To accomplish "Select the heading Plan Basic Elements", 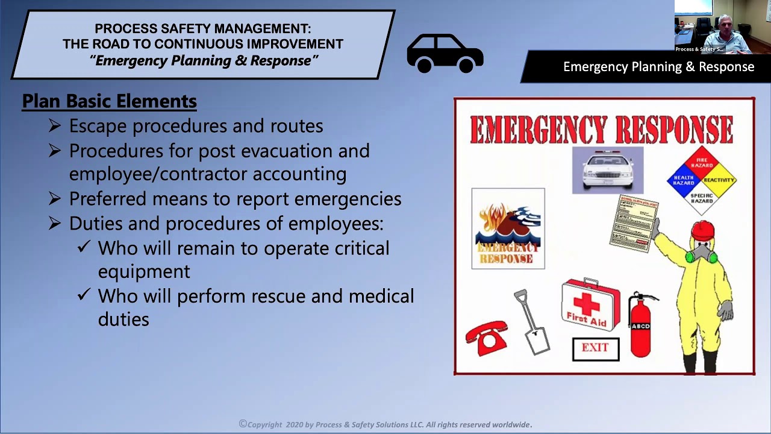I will pos(109,101).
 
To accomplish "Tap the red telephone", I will pos(486,339).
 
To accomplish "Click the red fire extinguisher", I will pos(640,326).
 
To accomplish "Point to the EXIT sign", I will pos(595,348).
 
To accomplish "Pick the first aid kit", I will pos(590,306).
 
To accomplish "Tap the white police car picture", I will pos(607,170).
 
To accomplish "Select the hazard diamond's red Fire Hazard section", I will pos(702,162).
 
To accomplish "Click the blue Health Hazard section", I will pos(684,180).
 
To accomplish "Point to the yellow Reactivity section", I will pos(719,180).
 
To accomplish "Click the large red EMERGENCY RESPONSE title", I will pos(601,128).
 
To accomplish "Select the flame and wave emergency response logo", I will pos(508,229).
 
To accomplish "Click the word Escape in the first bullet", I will pos(98,126).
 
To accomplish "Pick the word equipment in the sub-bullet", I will pos(143,271).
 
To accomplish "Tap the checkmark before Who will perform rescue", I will pos(84,295).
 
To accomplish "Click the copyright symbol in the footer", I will pos(243,424).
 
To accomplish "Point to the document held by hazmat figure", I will pos(634,224).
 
